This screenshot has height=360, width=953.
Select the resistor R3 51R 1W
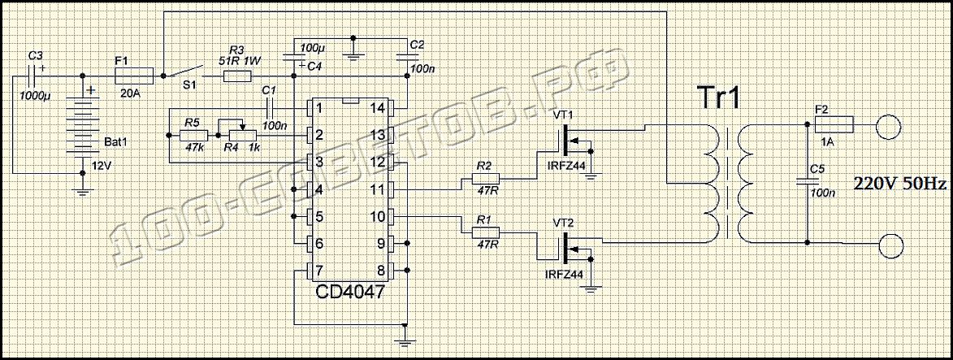[237, 76]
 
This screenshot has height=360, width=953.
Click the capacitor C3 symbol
[33, 76]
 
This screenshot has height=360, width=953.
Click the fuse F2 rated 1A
[833, 124]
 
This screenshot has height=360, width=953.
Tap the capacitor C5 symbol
[808, 183]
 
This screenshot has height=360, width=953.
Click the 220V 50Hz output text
[900, 184]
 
